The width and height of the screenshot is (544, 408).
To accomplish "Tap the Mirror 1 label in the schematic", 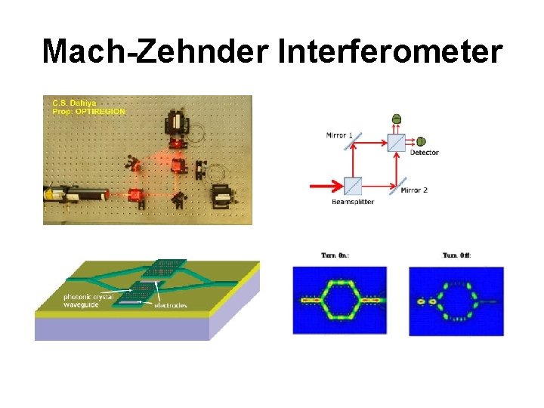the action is (339, 135).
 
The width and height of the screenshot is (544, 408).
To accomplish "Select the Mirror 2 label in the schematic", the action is (414, 190).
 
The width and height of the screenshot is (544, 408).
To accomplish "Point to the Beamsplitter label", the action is (353, 202).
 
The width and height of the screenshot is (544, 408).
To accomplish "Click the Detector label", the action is (424, 153).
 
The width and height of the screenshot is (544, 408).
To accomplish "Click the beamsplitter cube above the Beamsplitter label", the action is (353, 184).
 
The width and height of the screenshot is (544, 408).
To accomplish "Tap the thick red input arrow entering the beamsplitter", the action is (325, 184).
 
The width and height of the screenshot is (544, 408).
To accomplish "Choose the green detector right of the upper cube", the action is (421, 141).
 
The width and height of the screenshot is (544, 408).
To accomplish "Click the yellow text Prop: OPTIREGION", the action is (89, 111).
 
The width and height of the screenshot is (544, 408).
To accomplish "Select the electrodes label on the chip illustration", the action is (170, 306).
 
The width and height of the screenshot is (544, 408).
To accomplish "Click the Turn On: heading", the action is (335, 255).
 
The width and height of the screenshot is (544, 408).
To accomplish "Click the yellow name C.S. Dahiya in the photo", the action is (74, 103).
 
